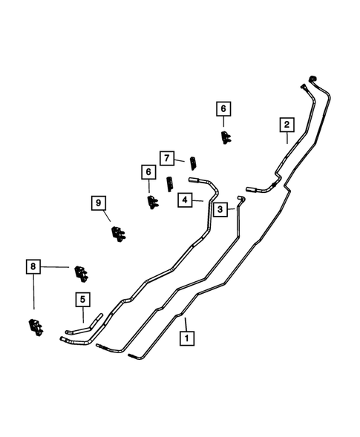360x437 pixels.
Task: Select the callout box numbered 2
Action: [x=287, y=124]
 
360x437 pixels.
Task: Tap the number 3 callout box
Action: [x=221, y=211]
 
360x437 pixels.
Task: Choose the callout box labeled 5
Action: [x=82, y=300]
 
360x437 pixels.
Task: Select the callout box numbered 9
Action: [x=96, y=203]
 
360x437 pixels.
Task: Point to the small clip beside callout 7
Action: [x=194, y=162]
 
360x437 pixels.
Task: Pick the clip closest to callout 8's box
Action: [x=82, y=273]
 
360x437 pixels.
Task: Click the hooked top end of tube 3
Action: [x=240, y=198]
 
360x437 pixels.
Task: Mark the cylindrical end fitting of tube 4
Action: [x=197, y=179]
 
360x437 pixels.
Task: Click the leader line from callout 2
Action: [x=287, y=137]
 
